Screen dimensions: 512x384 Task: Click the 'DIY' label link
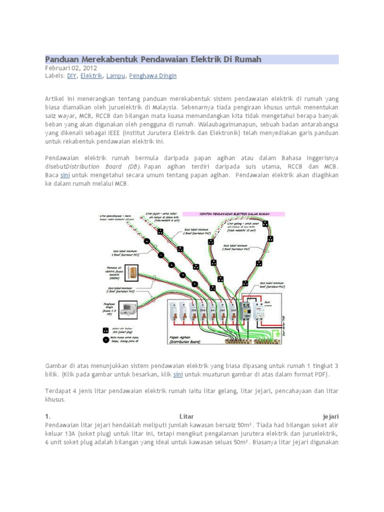click(x=71, y=76)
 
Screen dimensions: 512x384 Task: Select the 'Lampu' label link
click(x=115, y=76)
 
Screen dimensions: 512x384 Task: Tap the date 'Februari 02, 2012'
click(x=71, y=68)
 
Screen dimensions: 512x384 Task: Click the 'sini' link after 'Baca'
click(x=65, y=175)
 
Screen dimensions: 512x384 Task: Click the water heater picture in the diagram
click(x=133, y=273)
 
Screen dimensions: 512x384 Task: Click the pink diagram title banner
click(x=233, y=214)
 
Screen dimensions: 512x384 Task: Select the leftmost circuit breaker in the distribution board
click(x=172, y=316)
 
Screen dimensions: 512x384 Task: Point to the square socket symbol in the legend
click(x=106, y=330)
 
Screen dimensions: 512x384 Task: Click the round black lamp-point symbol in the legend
click(x=106, y=340)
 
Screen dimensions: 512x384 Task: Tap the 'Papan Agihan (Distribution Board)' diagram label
click(x=183, y=339)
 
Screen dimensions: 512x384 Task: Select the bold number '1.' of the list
click(x=48, y=415)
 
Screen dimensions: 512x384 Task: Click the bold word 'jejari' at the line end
click(x=330, y=415)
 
